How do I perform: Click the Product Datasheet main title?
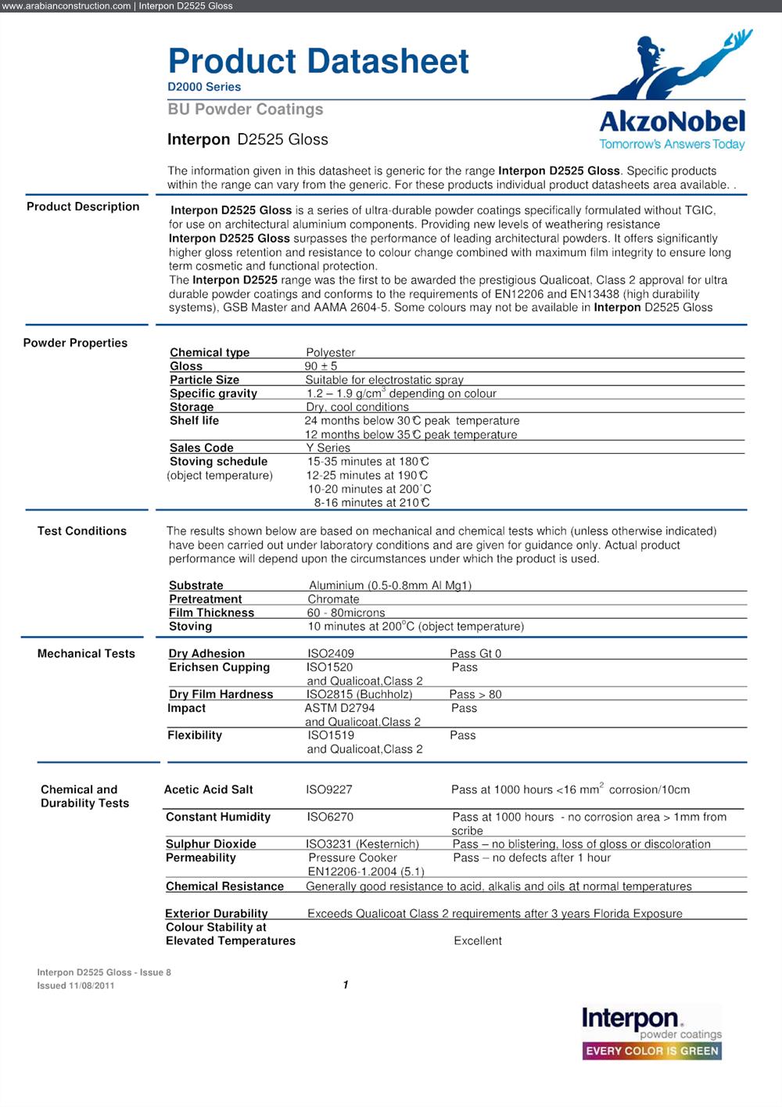click(318, 61)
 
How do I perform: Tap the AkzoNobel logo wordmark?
click(672, 121)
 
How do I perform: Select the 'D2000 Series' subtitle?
click(204, 87)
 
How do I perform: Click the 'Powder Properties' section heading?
click(75, 343)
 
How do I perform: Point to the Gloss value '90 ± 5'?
click(321, 366)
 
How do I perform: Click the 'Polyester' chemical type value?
click(330, 353)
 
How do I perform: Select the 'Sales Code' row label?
click(201, 447)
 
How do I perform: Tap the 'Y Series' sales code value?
click(328, 447)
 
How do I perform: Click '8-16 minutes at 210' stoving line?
click(371, 502)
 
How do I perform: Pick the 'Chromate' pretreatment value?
click(333, 599)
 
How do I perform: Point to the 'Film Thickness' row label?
click(211, 613)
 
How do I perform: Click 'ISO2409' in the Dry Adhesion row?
click(330, 653)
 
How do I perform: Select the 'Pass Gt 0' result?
click(475, 653)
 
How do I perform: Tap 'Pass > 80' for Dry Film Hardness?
click(475, 694)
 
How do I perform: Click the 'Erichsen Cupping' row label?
click(219, 667)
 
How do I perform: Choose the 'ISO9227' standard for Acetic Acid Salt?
click(328, 789)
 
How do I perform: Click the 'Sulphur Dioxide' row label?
click(210, 844)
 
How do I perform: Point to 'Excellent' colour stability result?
click(478, 940)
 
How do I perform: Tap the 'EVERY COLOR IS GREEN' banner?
click(652, 1051)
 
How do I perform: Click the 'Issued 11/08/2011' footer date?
click(76, 986)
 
